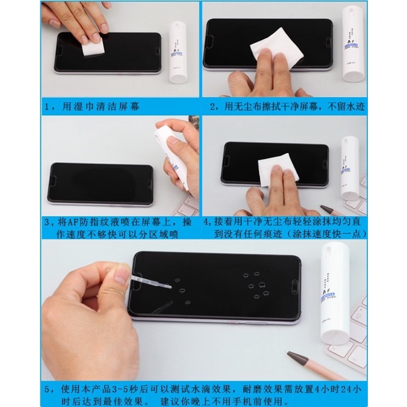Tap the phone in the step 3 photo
click(101, 183)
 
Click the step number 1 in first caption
click(48, 106)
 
